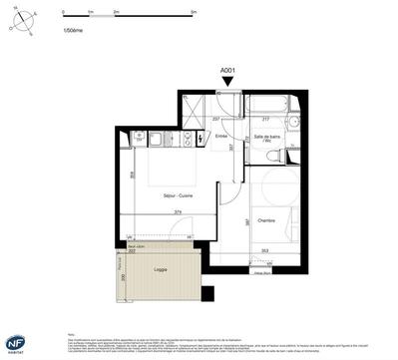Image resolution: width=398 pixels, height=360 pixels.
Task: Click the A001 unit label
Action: [x=228, y=70]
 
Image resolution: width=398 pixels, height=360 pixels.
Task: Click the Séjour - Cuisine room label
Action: [x=178, y=195]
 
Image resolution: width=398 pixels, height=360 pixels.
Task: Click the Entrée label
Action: [x=221, y=136]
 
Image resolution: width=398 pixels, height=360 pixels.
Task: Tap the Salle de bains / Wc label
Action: [x=266, y=141]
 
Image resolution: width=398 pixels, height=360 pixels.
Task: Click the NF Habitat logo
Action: [x=16, y=341]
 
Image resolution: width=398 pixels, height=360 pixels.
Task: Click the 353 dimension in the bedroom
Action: [x=264, y=250]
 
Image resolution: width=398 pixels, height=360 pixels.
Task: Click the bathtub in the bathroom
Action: [x=267, y=104]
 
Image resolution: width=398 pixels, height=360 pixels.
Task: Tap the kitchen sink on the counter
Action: [x=141, y=139]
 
